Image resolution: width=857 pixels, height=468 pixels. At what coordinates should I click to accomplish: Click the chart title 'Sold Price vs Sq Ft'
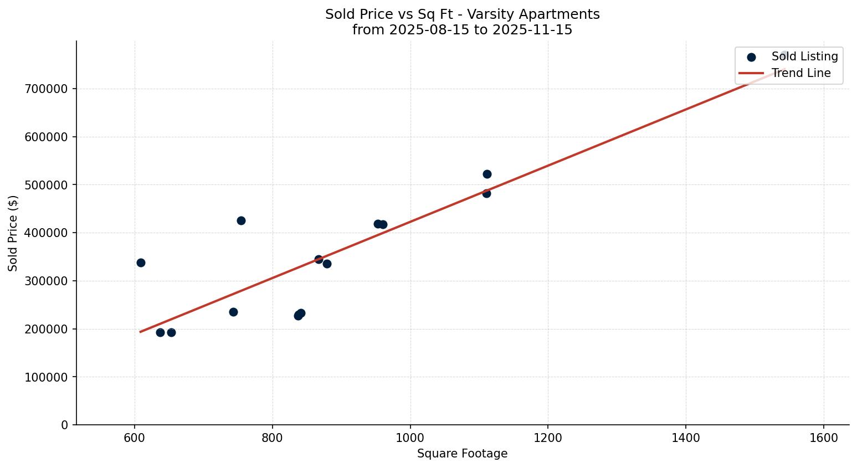[x=462, y=14]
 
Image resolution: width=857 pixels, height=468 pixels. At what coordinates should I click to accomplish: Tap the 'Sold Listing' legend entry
[x=804, y=56]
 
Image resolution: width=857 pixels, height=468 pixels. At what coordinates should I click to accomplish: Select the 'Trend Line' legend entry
[x=800, y=73]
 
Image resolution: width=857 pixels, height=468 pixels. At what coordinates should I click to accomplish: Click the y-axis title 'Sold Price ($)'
[x=13, y=233]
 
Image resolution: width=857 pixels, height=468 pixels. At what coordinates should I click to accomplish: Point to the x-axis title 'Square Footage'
[x=462, y=454]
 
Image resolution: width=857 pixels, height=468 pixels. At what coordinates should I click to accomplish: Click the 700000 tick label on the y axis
[x=47, y=89]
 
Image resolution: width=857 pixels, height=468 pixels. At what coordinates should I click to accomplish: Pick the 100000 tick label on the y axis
[x=47, y=377]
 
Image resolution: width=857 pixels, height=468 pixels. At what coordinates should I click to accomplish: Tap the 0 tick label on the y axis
[x=65, y=425]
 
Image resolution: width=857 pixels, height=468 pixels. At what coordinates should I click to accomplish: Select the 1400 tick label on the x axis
[x=686, y=437]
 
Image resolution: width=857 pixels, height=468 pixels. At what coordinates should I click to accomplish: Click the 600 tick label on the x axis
[x=135, y=437]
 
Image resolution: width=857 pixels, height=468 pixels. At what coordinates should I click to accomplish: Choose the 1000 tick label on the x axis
[x=410, y=437]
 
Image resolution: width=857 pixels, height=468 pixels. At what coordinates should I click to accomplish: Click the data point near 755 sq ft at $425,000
[x=241, y=220]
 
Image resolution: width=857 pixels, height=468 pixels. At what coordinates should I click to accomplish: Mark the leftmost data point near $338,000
[x=141, y=263]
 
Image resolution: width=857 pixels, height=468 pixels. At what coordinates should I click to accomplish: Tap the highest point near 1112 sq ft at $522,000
[x=487, y=174]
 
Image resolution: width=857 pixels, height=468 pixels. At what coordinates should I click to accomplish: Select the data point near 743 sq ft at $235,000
[x=233, y=312]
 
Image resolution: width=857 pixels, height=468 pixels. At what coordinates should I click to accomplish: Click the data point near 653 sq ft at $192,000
[x=171, y=332]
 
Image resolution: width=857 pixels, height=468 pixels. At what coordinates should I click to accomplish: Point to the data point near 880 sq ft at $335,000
[x=327, y=264]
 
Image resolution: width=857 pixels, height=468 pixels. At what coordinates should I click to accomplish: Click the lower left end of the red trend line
[x=141, y=332]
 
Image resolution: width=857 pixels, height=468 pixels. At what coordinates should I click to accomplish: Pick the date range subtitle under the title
[x=462, y=30]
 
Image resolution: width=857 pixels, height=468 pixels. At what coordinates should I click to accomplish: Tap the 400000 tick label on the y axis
[x=47, y=233]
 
